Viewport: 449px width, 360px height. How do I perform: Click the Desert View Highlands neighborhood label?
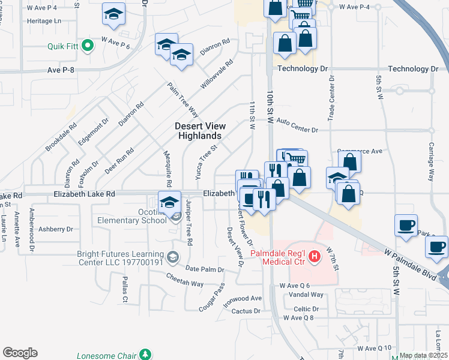pos(200,131)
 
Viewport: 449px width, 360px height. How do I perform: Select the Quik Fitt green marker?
pos(88,45)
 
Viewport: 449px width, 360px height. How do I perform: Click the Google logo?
pos(20,353)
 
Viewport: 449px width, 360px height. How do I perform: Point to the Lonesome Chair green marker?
pos(145,355)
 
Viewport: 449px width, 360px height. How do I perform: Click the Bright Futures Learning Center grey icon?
pos(173,257)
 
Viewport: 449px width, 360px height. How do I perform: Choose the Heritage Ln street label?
pos(44,20)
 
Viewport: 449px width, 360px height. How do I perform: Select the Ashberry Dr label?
pos(55,229)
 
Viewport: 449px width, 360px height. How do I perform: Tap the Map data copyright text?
pos(424,355)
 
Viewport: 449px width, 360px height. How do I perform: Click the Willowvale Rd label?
pos(216,75)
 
